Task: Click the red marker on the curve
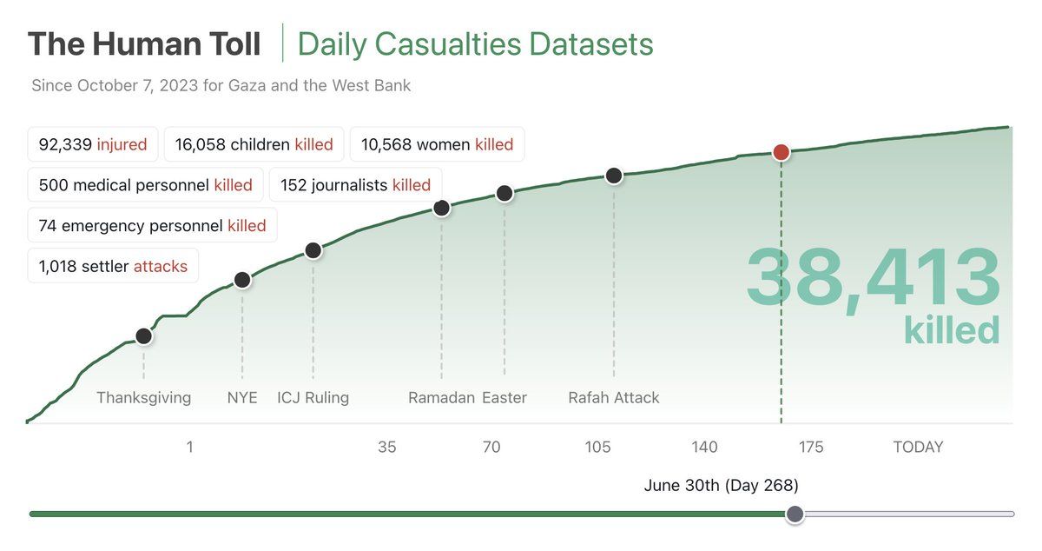781,152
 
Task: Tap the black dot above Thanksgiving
144,335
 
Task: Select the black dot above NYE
242,280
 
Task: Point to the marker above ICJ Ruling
313,250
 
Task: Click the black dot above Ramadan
441,208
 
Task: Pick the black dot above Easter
505,193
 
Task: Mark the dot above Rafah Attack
614,176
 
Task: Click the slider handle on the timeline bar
795,514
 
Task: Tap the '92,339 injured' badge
93,144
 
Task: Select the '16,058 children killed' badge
254,144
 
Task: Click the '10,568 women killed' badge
437,144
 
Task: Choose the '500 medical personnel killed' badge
145,185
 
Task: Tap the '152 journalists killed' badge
355,185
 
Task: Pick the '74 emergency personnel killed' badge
152,225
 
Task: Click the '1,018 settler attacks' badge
113,266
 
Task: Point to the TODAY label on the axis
918,448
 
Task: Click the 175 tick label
811,448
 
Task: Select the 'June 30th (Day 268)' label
721,485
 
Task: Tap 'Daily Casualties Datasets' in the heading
475,44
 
